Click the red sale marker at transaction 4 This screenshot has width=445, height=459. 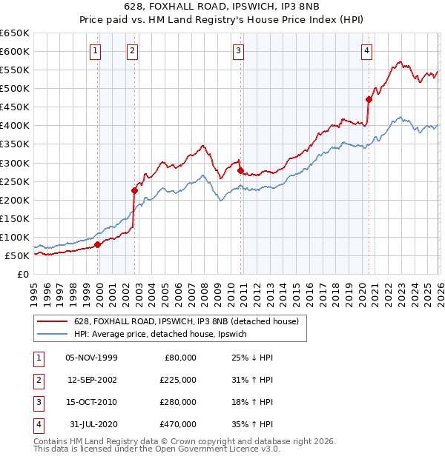pos(369,99)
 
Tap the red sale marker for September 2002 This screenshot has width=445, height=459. pos(135,190)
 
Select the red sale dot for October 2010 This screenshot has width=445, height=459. pos(240,170)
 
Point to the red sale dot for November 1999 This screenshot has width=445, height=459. pos(98,244)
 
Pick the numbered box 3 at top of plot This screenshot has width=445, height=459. pos(238,51)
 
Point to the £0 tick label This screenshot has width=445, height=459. pos(22,274)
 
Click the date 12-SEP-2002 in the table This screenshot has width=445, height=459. pos(92,380)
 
